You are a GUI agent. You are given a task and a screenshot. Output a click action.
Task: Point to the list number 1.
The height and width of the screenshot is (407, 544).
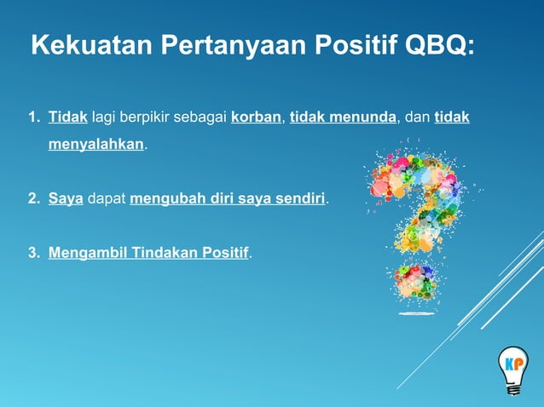34,117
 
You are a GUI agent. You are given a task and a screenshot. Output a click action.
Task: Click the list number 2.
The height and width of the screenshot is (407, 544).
34,199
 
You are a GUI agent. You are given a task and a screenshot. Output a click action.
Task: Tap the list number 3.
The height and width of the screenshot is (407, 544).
34,253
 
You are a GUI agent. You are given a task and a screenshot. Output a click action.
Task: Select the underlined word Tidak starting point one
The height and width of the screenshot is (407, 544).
68,117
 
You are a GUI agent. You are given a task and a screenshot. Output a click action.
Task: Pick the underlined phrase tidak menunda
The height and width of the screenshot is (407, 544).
343,117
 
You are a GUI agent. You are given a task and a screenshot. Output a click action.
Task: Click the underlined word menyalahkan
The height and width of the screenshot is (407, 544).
96,145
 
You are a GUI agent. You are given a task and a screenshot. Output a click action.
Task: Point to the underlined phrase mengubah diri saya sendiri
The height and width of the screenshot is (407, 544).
228,199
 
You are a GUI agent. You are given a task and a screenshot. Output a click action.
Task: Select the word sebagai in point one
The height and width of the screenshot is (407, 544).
200,117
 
